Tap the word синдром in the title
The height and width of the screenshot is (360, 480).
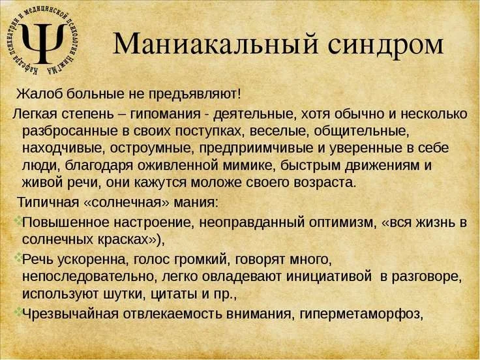(x=385, y=44)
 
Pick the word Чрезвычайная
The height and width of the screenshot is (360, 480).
(x=71, y=314)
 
